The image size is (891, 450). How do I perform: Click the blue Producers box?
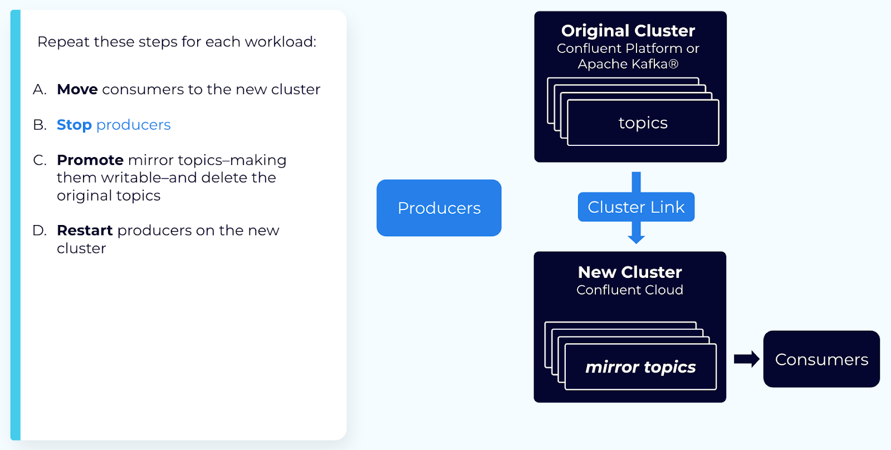(x=439, y=208)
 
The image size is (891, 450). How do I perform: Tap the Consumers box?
(x=821, y=359)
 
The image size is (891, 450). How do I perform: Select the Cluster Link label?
(x=636, y=207)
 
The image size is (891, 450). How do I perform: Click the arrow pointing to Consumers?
(x=746, y=359)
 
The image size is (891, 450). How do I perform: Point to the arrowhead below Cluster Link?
(x=636, y=238)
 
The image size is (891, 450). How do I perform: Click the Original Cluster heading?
(x=628, y=31)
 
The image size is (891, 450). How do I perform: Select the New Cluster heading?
(x=630, y=272)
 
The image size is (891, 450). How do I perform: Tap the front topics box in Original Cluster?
(x=643, y=123)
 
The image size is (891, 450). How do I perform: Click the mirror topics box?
(x=640, y=367)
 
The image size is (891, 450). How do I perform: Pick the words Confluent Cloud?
(x=630, y=290)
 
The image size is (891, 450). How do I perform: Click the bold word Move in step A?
(x=77, y=90)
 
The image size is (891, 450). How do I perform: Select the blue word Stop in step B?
(x=74, y=125)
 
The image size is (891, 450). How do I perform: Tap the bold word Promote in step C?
(x=90, y=160)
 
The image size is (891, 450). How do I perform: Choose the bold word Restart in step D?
(x=85, y=231)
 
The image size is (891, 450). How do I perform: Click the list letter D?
(x=39, y=231)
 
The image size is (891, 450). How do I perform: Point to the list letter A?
(x=39, y=90)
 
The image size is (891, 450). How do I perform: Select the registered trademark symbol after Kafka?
(x=673, y=65)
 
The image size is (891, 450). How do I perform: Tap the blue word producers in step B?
(x=134, y=125)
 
